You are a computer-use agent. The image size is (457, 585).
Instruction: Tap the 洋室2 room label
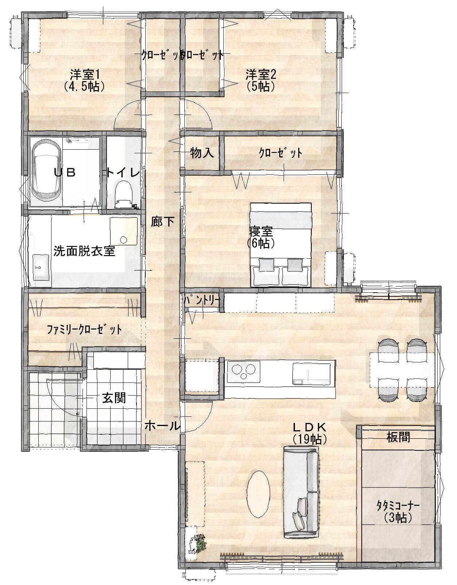tap(261, 74)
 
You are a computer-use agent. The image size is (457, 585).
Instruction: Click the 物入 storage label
tap(202, 153)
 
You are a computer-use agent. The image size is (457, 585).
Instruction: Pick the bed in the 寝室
tap(281, 245)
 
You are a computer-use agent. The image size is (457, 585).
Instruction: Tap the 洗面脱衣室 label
tap(84, 251)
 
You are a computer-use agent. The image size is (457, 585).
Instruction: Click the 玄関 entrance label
tap(114, 398)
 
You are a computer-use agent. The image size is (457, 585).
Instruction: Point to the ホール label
tap(162, 426)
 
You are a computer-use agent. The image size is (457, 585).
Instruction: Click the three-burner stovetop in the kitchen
tap(243, 372)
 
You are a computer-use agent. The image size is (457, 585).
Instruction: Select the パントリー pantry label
tap(202, 300)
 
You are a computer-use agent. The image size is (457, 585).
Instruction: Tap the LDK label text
tap(310, 427)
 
